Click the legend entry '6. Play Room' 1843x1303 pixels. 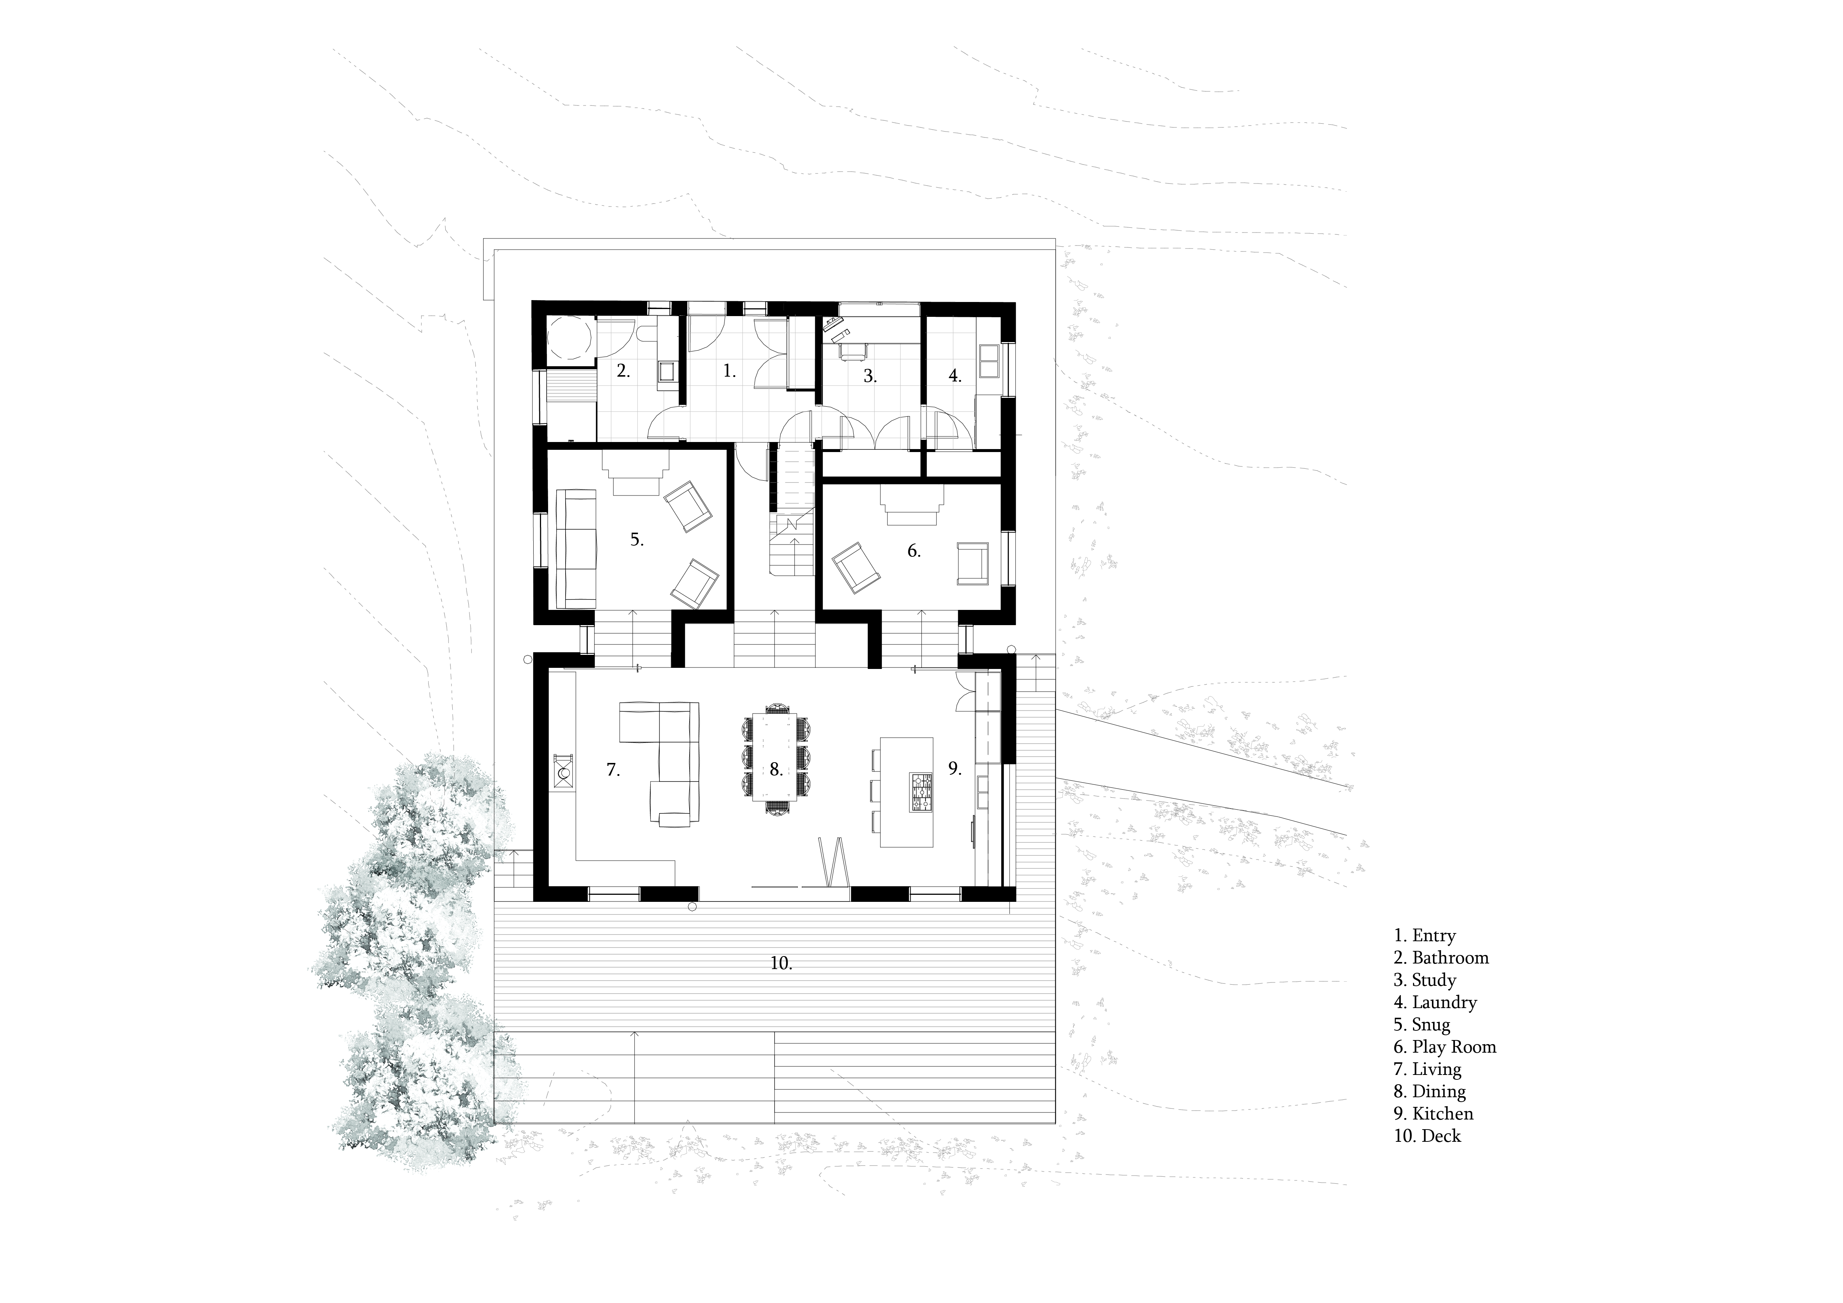pos(1444,1047)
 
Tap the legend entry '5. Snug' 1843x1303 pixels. pos(1422,1024)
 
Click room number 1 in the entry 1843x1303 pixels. pos(728,371)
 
